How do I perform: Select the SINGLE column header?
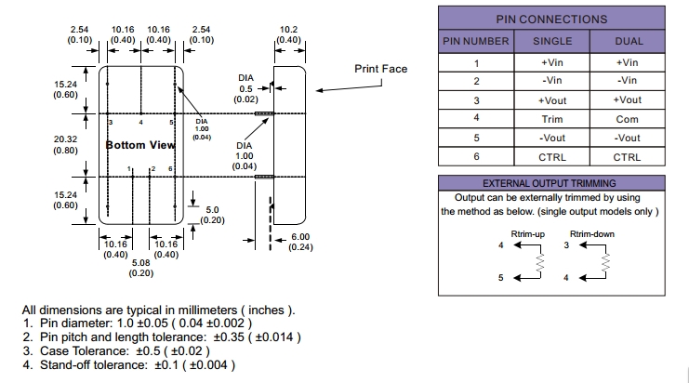click(551, 41)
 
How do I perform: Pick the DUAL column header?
click(629, 41)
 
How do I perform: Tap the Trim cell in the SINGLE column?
click(551, 119)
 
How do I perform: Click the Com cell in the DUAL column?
click(629, 119)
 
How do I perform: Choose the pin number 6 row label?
click(475, 157)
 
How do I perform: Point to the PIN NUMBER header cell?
click(475, 41)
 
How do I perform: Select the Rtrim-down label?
click(591, 233)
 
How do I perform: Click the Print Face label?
click(380, 69)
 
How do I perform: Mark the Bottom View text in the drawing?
click(140, 145)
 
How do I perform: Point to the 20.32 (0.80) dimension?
click(64, 144)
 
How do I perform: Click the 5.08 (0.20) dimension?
click(140, 268)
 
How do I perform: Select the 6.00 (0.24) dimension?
click(300, 242)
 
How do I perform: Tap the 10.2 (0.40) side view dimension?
click(288, 35)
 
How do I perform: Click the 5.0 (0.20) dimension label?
click(213, 215)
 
